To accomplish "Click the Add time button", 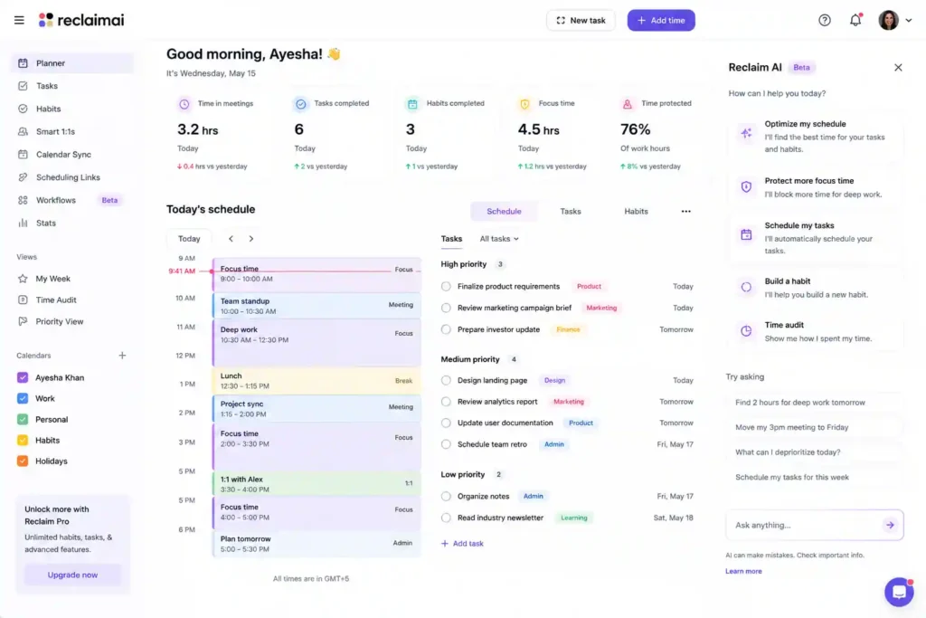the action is click(x=661, y=20).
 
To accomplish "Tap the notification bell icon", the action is click(x=855, y=20).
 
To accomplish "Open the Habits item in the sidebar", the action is click(x=48, y=109).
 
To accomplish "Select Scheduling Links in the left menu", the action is click(x=68, y=177).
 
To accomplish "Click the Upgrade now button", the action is click(x=72, y=575).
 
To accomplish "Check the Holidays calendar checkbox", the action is click(x=23, y=461).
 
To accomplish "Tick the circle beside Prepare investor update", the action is click(x=446, y=329).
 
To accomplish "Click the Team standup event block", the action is click(x=317, y=306).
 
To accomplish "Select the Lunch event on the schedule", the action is click(x=317, y=381).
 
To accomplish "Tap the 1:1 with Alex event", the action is click(x=317, y=484).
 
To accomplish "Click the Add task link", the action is click(x=462, y=544).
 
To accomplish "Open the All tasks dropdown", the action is click(x=499, y=239).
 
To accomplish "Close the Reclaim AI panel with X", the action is click(x=898, y=67).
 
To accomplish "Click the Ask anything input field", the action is click(x=806, y=525).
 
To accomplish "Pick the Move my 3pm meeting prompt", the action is click(x=791, y=427).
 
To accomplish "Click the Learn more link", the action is click(x=743, y=571).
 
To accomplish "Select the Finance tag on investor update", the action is click(x=568, y=329).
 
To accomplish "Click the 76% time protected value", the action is click(x=635, y=129).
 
